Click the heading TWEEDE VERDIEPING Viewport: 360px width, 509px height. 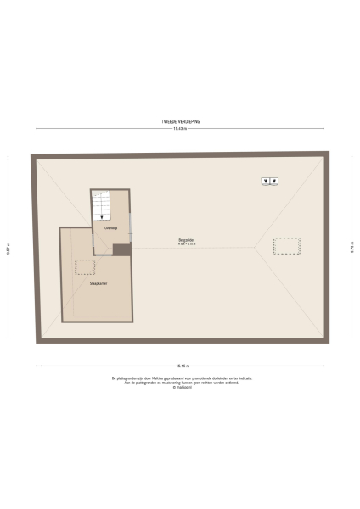tap(180, 121)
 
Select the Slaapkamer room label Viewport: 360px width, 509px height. tap(98, 283)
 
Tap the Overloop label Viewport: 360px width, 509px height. tap(110, 227)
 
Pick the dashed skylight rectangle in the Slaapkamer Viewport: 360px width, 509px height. tap(85, 267)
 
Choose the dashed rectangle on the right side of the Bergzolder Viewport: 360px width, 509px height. tap(286, 245)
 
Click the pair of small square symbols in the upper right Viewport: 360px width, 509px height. tap(271, 181)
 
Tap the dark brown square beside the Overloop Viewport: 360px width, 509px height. tap(121, 249)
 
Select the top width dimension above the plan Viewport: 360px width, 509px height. tap(180, 129)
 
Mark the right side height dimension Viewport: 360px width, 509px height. tap(352, 248)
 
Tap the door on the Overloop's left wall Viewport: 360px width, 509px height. tap(93, 238)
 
